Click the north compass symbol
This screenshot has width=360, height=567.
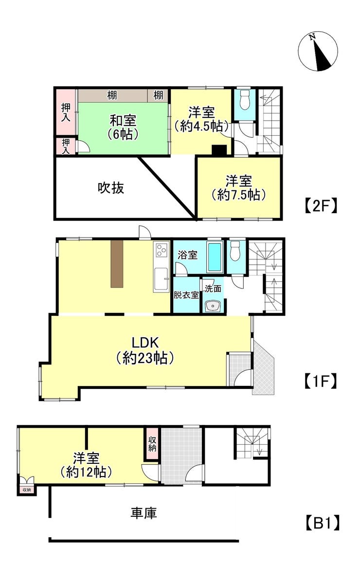coord(318,51)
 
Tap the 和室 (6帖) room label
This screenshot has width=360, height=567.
coord(123,127)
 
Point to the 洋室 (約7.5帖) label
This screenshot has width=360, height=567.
coord(238,188)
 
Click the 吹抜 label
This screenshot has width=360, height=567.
coord(111,187)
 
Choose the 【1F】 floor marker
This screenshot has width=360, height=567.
coord(321,380)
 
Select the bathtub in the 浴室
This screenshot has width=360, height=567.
coord(215,257)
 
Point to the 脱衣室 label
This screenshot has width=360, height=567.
coord(186,295)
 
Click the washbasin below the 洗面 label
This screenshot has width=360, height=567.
coord(213,306)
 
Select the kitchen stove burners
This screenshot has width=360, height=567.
coord(161,251)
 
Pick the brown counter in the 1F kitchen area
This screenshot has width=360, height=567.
coord(118,263)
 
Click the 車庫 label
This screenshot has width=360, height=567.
coord(144,512)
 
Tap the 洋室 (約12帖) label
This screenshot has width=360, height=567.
coord(87,464)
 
